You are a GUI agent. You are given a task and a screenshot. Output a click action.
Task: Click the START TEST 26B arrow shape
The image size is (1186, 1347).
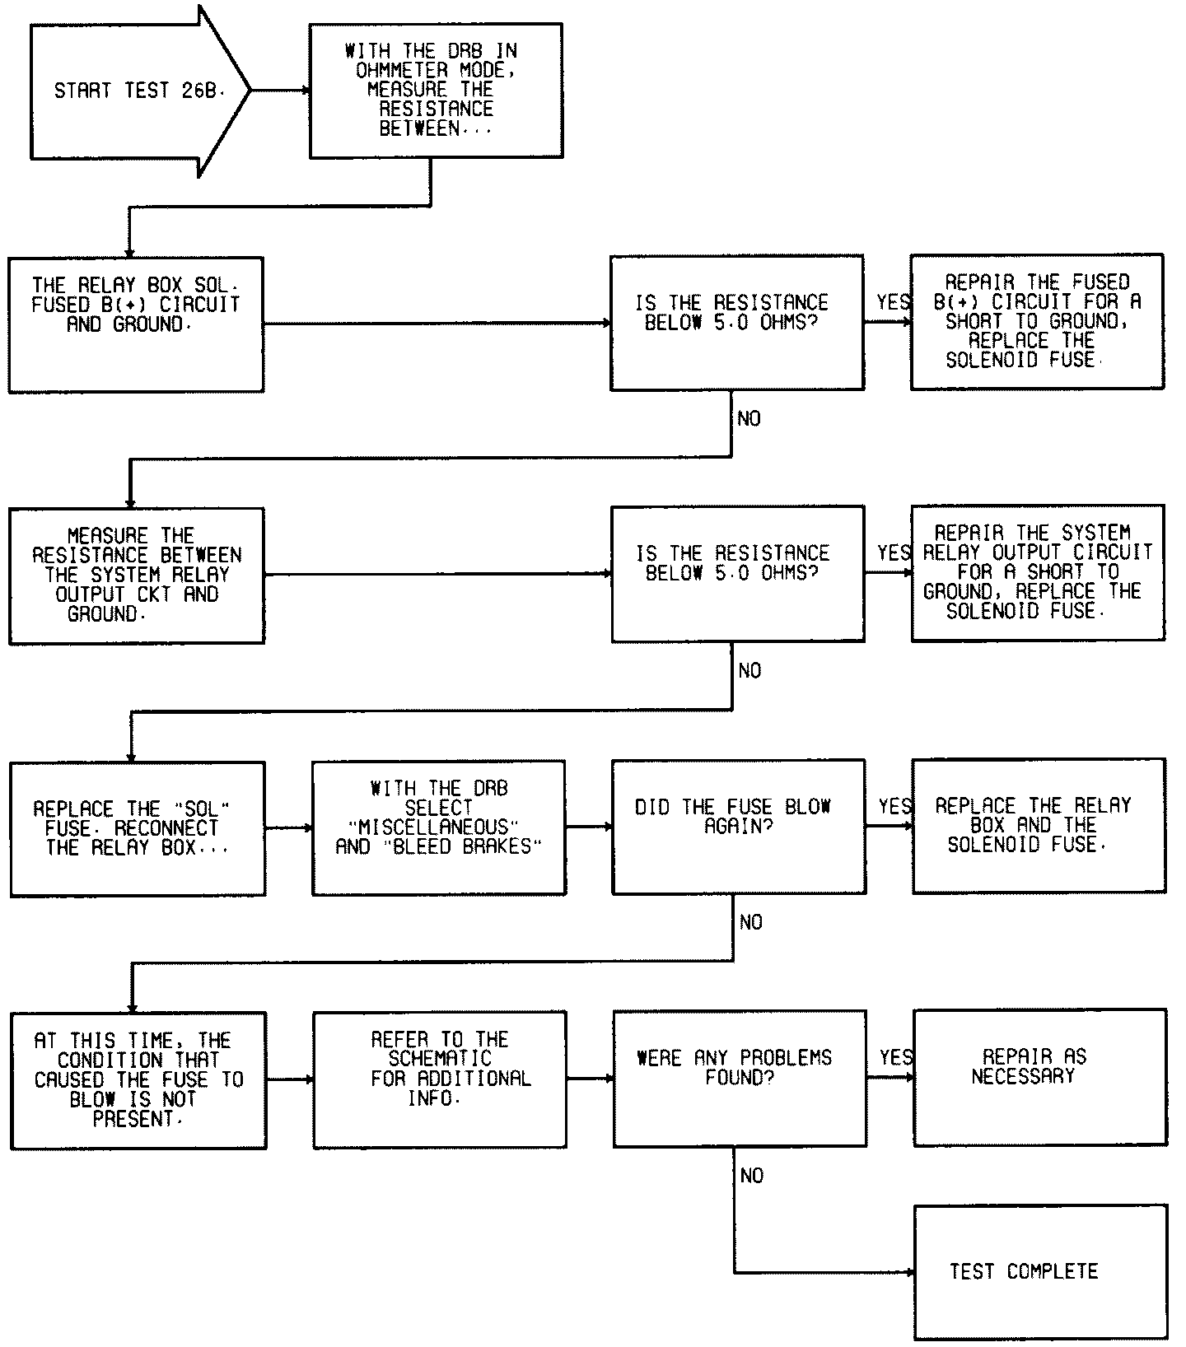tap(136, 91)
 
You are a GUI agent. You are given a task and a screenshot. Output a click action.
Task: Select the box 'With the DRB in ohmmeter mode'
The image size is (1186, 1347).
tap(436, 91)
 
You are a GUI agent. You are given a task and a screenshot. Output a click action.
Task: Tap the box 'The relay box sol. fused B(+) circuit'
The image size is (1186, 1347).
tap(136, 324)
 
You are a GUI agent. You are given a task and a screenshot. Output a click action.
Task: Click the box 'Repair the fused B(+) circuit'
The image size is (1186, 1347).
tap(1036, 321)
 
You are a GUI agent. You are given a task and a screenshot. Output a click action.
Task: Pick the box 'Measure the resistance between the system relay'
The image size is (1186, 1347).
tap(137, 575)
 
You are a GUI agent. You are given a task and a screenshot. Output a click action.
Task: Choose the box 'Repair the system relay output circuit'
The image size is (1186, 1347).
tap(1038, 572)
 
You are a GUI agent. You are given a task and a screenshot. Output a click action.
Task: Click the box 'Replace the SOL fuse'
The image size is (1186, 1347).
tap(138, 827)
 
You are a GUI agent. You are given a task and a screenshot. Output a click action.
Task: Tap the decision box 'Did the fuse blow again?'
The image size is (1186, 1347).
tap(738, 826)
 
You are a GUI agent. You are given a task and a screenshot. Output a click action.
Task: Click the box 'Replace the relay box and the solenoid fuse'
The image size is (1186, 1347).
tap(1038, 825)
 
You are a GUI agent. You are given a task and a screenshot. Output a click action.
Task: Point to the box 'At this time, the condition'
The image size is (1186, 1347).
tap(138, 1079)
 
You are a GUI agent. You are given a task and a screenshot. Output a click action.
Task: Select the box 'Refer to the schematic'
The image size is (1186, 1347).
tap(439, 1079)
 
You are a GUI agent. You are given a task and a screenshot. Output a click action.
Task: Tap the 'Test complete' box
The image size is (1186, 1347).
tap(1040, 1272)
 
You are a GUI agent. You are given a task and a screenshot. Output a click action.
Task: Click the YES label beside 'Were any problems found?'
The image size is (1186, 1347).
tap(896, 1057)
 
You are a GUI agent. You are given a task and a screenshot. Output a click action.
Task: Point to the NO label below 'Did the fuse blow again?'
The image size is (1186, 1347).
tap(750, 923)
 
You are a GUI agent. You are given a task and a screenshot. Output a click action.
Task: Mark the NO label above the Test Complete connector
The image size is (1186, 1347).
tap(751, 1176)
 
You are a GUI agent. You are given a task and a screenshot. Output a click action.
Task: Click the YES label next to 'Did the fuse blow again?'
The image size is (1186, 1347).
tap(895, 806)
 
